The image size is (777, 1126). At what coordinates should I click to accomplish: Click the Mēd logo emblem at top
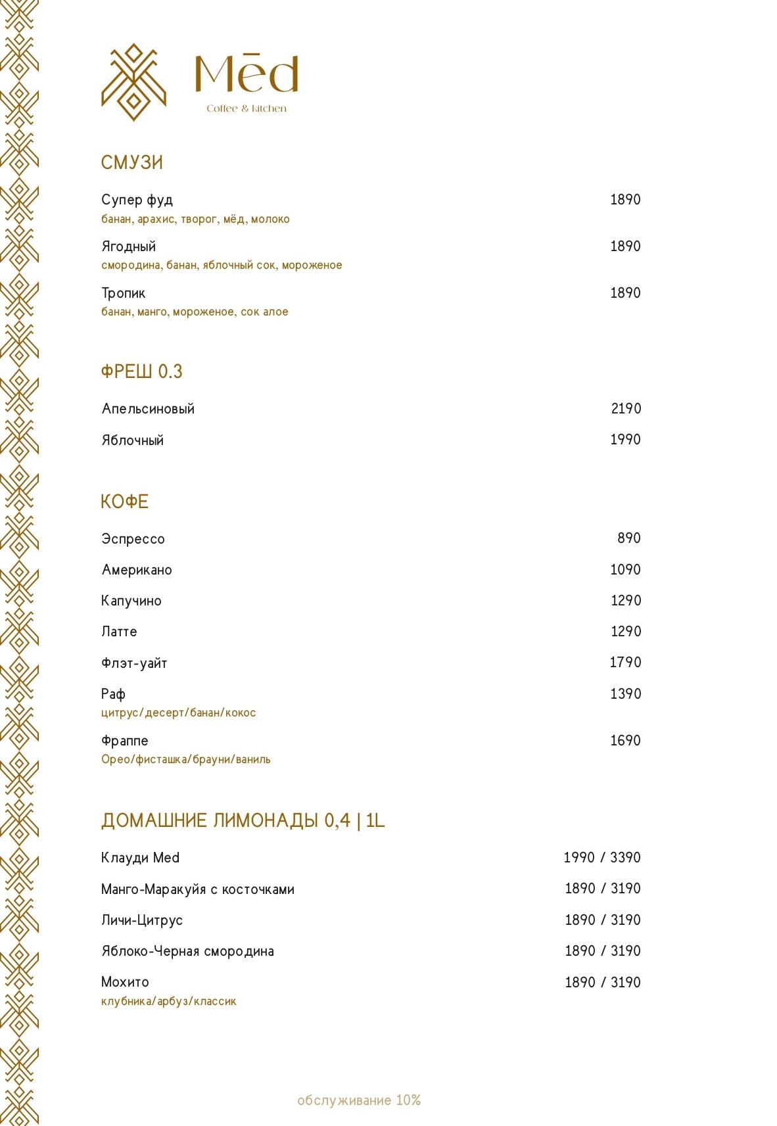[x=133, y=82]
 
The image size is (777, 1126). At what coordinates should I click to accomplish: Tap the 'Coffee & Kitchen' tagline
[x=247, y=108]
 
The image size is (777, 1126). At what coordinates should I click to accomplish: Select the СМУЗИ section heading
[x=132, y=162]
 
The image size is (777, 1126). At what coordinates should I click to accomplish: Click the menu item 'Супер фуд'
[x=137, y=200]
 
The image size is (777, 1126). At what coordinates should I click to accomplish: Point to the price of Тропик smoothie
[x=625, y=293]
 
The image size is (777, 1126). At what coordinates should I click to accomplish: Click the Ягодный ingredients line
[x=222, y=266]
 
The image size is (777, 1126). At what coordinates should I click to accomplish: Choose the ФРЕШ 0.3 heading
[x=141, y=371]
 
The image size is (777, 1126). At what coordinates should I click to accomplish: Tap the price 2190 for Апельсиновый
[x=626, y=409]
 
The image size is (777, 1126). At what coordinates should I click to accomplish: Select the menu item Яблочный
[x=132, y=440]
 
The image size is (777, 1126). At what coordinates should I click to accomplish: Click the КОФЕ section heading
[x=125, y=502]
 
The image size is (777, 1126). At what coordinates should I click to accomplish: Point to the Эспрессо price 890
[x=628, y=538]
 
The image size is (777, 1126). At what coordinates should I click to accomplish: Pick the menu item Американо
[x=137, y=570]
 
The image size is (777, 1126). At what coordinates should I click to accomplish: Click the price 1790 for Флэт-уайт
[x=625, y=663]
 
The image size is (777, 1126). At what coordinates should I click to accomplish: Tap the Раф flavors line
[x=178, y=713]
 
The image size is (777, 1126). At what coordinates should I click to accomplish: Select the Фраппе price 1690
[x=625, y=741]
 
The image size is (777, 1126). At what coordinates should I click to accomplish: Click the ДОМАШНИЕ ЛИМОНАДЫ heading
[x=243, y=821]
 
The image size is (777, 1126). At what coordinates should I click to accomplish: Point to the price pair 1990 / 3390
[x=601, y=858]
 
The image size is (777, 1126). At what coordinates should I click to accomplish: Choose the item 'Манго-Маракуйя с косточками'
[x=198, y=889]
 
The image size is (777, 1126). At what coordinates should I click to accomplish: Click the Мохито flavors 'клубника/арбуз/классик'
[x=168, y=1002]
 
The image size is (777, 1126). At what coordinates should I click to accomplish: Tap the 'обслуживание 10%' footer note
[x=359, y=1100]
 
